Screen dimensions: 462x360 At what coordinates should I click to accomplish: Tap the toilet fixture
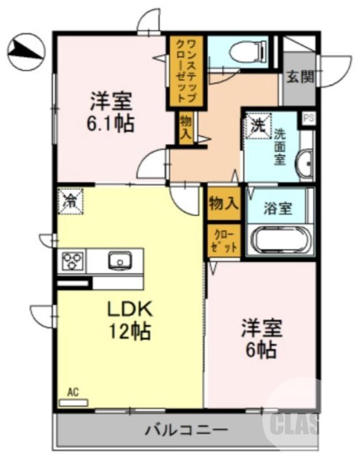[248, 52]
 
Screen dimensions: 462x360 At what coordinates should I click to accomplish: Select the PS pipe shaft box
[308, 119]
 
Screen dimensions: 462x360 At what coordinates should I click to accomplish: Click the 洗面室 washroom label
[280, 146]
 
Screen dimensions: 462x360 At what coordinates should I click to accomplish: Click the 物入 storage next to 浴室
[223, 203]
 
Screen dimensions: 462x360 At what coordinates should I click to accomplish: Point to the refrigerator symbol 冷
[71, 201]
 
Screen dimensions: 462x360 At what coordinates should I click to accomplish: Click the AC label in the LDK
[73, 392]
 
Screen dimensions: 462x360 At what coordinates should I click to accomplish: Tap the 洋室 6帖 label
[261, 338]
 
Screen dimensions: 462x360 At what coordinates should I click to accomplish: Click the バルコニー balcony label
[186, 430]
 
